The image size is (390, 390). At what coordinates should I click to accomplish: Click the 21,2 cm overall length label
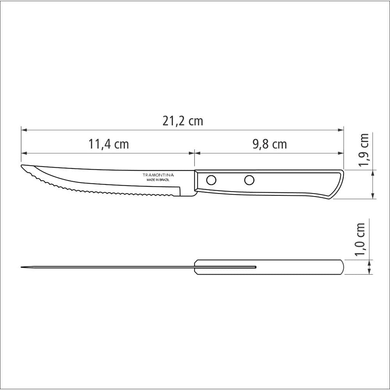pos(183,121)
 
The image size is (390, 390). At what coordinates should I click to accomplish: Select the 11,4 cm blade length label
pos(108,144)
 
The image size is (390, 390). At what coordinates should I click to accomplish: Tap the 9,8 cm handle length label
pos(269,144)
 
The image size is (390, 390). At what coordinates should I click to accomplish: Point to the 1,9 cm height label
pos(364,150)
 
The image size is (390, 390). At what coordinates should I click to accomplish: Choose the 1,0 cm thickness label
pos(361,239)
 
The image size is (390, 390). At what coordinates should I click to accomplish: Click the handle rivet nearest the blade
pos(211,180)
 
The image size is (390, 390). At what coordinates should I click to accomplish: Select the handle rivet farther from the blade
pos(249,180)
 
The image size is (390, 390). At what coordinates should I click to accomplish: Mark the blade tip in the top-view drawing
pos(22,267)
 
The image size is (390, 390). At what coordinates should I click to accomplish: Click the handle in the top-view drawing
pos(296,267)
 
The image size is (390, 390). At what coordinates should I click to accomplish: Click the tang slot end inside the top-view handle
pos(255,267)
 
